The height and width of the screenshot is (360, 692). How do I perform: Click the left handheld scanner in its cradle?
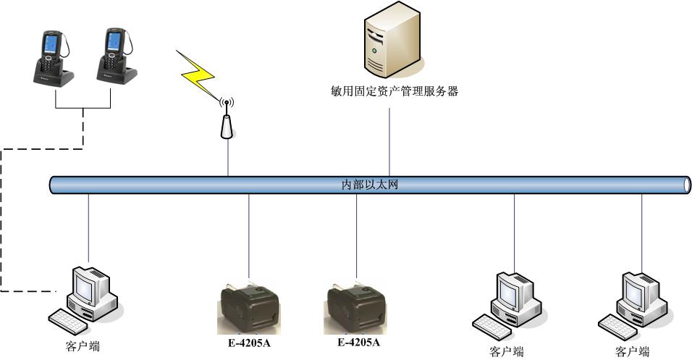pyautogui.click(x=51, y=57)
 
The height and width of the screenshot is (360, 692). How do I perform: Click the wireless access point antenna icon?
pyautogui.click(x=227, y=119)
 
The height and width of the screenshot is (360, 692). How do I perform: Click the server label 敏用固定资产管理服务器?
pyautogui.click(x=393, y=91)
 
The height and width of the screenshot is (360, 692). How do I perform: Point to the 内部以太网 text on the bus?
pyautogui.click(x=370, y=185)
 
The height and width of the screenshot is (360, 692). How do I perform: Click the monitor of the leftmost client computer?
pyautogui.click(x=88, y=285)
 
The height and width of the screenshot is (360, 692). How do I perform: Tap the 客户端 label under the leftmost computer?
pyautogui.click(x=83, y=346)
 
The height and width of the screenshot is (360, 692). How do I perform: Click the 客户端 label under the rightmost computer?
pyautogui.click(x=633, y=352)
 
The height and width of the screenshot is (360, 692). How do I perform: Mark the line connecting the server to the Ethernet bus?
pyautogui.click(x=390, y=141)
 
